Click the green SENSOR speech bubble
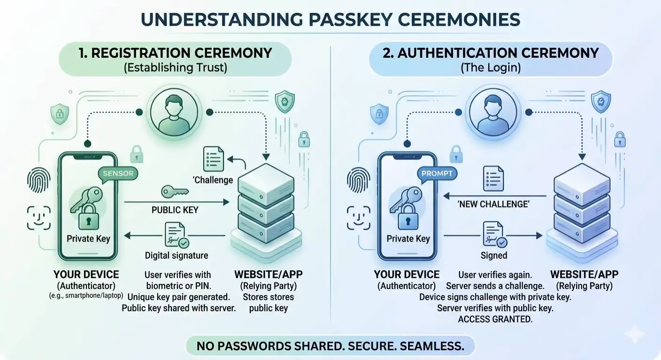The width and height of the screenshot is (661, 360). coord(118,174)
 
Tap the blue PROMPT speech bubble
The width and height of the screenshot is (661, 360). coord(437,174)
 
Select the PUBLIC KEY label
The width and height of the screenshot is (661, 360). coord(175,210)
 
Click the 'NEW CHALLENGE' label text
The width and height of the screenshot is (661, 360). coord(493,204)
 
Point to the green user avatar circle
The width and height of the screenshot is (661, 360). coord(174,113)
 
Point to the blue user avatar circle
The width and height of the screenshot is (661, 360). coord(493,113)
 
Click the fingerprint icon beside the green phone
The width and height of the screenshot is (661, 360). coord(38,180)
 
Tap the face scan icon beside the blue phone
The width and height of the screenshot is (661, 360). coord(359,218)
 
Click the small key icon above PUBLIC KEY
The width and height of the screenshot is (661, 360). coord(175,192)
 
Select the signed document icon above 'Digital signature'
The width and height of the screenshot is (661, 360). coord(177,235)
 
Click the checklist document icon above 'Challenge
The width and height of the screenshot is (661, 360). coord(213,159)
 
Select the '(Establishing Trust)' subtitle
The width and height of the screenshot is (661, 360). coord(175,68)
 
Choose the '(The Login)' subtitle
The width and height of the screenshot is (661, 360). coord(491,68)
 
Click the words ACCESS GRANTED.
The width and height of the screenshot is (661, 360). coord(495,319)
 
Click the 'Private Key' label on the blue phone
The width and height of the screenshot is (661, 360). coord(408,238)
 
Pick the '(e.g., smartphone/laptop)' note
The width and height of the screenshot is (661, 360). coord(86,296)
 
